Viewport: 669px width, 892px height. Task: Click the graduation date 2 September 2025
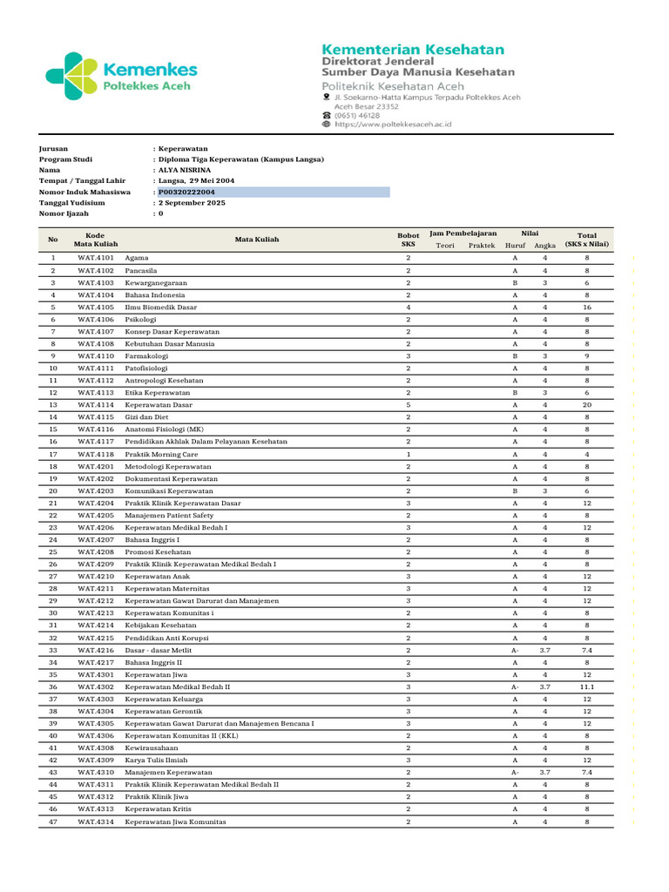click(x=192, y=202)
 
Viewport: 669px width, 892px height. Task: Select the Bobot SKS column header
click(x=408, y=240)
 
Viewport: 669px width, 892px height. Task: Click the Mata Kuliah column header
click(x=257, y=239)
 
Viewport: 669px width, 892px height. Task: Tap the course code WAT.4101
click(x=95, y=258)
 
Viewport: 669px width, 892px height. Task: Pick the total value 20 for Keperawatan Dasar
click(x=587, y=405)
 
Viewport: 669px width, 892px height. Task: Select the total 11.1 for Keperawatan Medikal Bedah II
click(x=587, y=686)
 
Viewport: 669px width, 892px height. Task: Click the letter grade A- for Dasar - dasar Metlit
click(x=515, y=650)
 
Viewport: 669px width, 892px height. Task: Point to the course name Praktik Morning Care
click(x=161, y=454)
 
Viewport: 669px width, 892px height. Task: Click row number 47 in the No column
click(x=52, y=821)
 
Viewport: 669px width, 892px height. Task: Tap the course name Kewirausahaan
click(x=151, y=748)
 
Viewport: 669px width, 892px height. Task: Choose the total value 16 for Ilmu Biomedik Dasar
click(x=587, y=307)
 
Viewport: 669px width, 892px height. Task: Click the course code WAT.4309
click(x=95, y=760)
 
